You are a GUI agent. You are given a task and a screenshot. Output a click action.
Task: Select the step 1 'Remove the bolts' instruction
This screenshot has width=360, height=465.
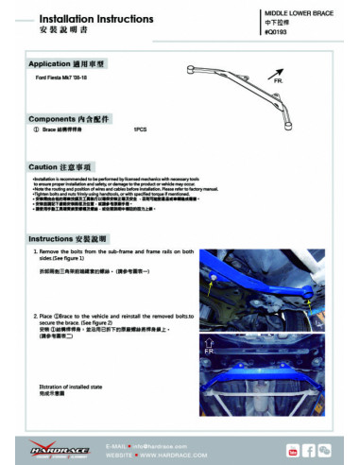click(113, 256)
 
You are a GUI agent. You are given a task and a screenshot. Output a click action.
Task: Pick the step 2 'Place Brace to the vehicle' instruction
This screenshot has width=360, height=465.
click(113, 319)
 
